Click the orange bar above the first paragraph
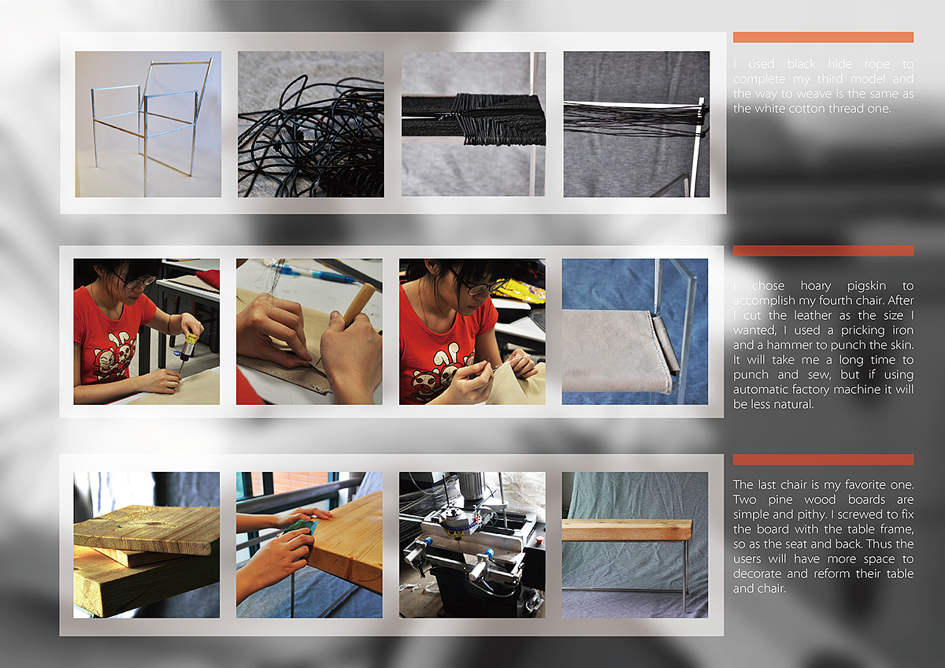[x=823, y=37]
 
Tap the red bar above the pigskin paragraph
[x=823, y=250]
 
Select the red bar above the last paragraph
[x=823, y=459]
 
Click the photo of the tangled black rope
[x=311, y=124]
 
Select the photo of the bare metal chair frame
[x=148, y=124]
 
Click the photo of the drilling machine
[x=472, y=545]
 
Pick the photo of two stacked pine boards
[x=146, y=545]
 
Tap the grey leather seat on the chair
[x=616, y=351]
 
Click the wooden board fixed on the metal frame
[x=627, y=530]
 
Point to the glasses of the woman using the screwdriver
[x=135, y=281]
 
